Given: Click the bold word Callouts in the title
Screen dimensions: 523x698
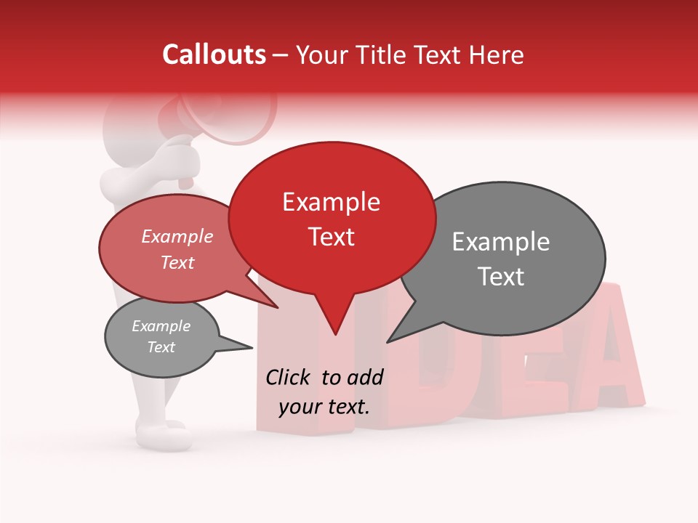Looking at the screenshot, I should coord(214,54).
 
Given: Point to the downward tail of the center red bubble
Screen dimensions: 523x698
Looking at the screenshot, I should coord(334,320).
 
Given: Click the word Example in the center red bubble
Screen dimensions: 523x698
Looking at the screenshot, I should coord(332,202).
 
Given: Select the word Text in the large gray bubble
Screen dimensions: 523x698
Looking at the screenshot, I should coord(501,277).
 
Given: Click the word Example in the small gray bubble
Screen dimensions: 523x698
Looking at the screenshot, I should coord(161,326).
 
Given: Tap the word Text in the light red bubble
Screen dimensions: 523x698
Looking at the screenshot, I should coord(177,262).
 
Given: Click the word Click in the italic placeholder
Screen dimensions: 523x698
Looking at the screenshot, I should coord(289,377).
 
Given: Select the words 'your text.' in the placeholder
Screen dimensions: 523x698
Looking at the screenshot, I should coord(324,407).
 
